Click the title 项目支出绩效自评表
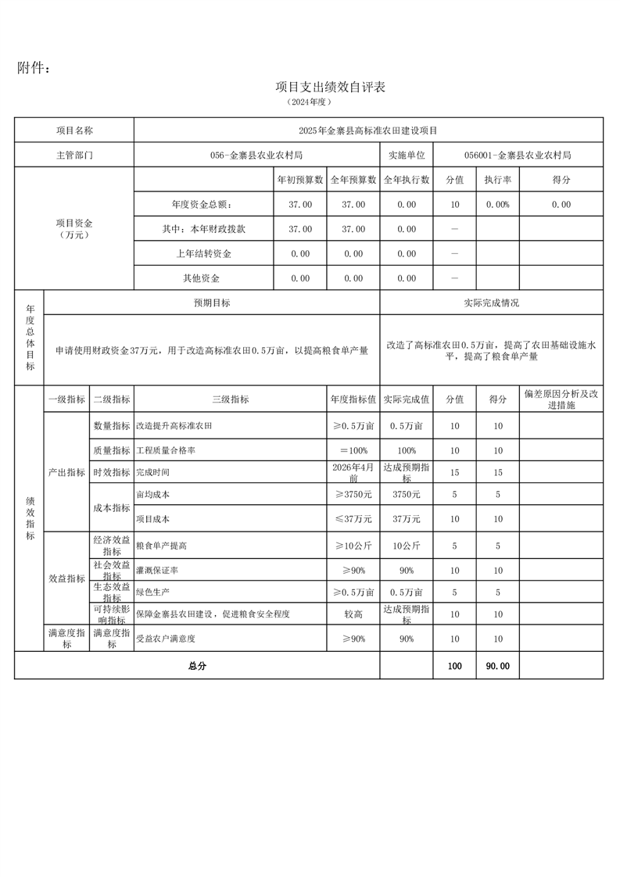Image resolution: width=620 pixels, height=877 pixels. pyautogui.click(x=331, y=87)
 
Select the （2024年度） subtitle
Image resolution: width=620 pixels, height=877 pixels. pyautogui.click(x=310, y=102)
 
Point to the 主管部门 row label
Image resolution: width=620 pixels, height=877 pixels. pyautogui.click(x=74, y=155)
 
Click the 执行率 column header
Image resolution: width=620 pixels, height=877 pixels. pyautogui.click(x=497, y=180)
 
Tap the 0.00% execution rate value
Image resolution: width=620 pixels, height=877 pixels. pyautogui.click(x=497, y=205)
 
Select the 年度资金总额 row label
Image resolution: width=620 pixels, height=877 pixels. pyautogui.click(x=202, y=205)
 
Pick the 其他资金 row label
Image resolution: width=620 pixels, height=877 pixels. pyautogui.click(x=202, y=278)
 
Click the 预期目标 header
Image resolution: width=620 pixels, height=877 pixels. pyautogui.click(x=212, y=302)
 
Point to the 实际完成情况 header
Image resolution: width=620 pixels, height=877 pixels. pyautogui.click(x=491, y=302)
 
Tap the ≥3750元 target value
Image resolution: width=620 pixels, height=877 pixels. pyautogui.click(x=353, y=495)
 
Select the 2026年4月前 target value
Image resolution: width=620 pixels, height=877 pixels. pyautogui.click(x=353, y=472)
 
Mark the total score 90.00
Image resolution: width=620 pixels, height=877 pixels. pyautogui.click(x=497, y=666)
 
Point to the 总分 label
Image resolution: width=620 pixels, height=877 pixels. pyautogui.click(x=196, y=666)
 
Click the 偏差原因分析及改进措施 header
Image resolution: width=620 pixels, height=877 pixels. pyautogui.click(x=561, y=399)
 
